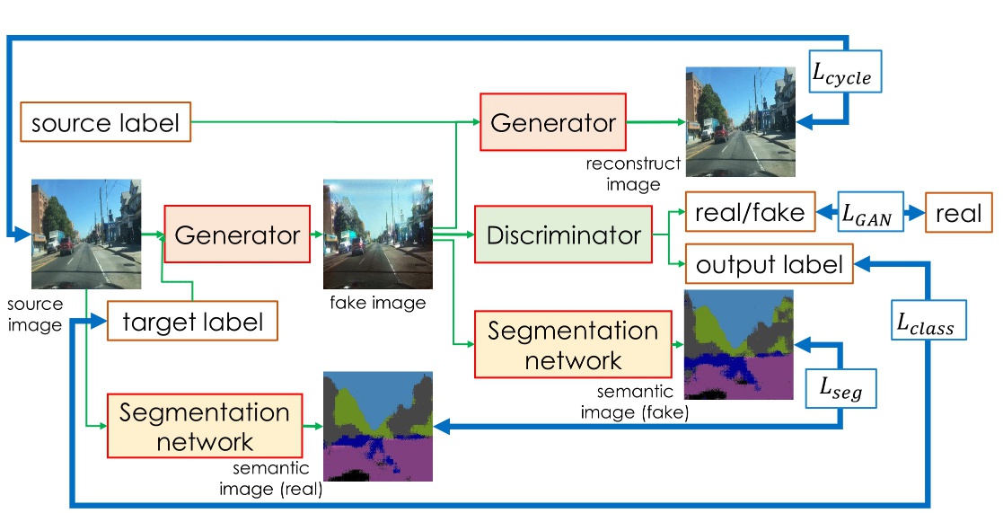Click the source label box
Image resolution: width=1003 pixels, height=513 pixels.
pos(106,122)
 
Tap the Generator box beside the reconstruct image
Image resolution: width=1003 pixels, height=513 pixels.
pos(552,121)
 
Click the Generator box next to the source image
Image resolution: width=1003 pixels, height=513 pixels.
pos(237,235)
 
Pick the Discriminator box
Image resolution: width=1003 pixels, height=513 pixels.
pos(563,235)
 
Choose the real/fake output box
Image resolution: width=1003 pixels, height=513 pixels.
pos(750,213)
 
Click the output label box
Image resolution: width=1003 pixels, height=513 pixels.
pos(769,264)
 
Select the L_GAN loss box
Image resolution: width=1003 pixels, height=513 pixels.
pos(872,213)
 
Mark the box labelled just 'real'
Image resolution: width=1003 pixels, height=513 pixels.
pos(958,213)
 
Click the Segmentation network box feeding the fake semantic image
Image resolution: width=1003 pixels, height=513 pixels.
pos(574,344)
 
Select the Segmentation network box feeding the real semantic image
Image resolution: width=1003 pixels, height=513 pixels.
pos(204,426)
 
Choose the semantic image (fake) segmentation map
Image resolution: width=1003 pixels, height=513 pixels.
pos(738,344)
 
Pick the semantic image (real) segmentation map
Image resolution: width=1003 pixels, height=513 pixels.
pos(377,426)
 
